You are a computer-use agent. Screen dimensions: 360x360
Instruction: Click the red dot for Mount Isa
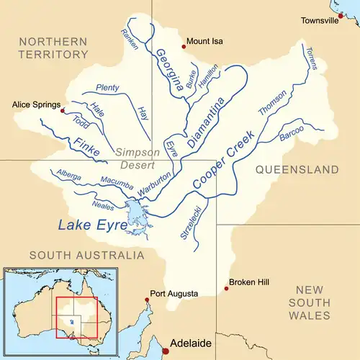(184, 47)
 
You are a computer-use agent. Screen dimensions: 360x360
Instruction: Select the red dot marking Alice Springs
(63, 111)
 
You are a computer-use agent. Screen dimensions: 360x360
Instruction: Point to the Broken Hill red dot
(227, 289)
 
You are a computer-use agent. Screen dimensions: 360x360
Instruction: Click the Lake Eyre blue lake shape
(135, 215)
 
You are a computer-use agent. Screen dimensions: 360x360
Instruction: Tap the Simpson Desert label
(134, 158)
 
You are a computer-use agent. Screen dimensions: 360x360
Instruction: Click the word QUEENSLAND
(296, 170)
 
